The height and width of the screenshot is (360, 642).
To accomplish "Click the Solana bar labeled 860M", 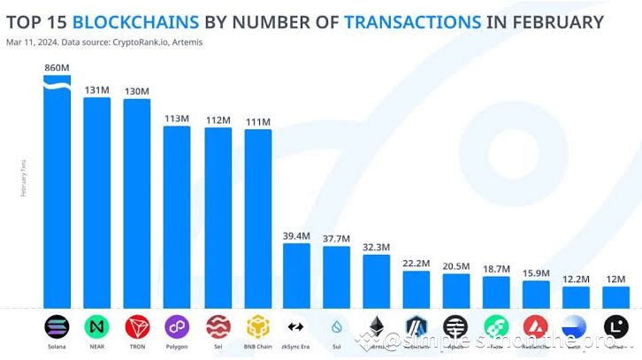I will click(57, 195).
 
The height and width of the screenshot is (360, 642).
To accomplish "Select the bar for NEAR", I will click(97, 203).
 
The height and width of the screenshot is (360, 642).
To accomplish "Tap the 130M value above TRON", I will click(137, 91).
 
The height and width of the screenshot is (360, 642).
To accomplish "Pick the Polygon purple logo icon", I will click(177, 326).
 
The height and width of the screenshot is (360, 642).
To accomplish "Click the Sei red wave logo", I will click(218, 326).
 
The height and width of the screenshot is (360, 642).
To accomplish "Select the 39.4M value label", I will click(296, 235).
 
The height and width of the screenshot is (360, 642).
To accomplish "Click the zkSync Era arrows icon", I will click(296, 326).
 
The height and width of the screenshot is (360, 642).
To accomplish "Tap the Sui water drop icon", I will click(336, 326).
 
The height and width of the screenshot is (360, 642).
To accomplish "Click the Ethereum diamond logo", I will click(377, 326).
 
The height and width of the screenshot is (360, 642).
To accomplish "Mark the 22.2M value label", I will click(416, 263).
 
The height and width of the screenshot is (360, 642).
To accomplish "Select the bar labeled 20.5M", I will click(456, 291).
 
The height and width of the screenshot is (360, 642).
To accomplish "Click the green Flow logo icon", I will click(496, 326).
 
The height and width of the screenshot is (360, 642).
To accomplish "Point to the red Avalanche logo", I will click(536, 326).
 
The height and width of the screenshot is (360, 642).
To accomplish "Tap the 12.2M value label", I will click(576, 279).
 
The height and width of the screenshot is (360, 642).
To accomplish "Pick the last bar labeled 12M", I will click(615, 297).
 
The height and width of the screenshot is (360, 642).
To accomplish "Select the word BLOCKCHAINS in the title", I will click(137, 22).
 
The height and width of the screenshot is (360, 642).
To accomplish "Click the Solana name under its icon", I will click(57, 348).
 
